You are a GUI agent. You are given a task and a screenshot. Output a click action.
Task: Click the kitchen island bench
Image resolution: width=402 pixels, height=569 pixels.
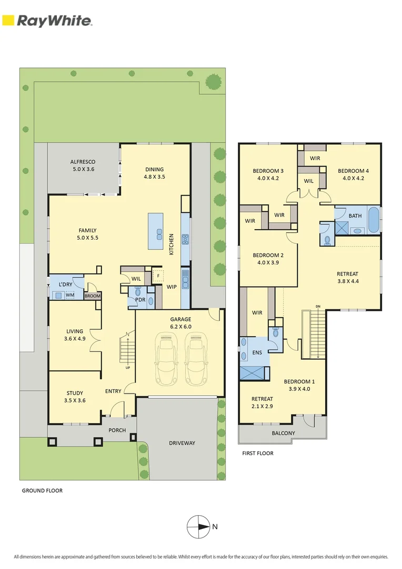tap(155, 231)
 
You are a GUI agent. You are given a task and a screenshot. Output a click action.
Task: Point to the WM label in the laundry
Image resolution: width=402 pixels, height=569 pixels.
tap(69, 295)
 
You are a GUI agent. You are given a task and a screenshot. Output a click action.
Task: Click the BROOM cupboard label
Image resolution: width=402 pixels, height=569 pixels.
tap(92, 296)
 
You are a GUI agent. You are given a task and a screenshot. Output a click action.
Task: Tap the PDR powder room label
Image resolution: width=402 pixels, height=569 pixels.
tap(140, 300)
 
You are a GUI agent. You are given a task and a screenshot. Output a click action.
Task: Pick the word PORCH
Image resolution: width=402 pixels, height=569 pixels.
tap(117, 430)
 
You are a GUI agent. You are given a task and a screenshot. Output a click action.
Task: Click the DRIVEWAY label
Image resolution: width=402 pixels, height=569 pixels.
tap(182, 443)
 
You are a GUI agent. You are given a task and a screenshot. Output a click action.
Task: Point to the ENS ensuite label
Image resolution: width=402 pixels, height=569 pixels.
tap(257, 353)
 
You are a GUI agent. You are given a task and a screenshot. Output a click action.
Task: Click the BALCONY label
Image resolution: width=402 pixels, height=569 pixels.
tap(283, 433)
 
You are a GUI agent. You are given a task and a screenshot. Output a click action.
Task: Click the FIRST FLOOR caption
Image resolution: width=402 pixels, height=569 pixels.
tap(258, 453)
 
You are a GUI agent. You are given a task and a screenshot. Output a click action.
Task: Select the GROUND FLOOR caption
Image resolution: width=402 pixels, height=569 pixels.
tap(42, 490)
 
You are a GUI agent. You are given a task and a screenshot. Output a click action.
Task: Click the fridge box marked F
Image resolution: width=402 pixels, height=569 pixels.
tap(158, 275)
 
